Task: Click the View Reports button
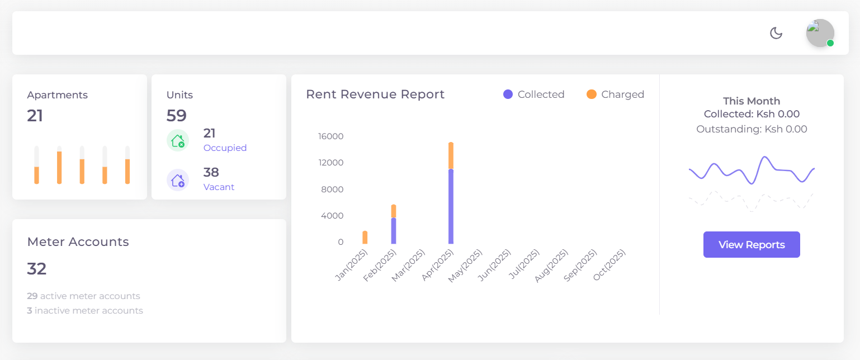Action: coord(752,245)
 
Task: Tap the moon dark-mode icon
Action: coord(776,33)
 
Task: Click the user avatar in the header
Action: coord(820,33)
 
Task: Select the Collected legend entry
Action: coord(534,94)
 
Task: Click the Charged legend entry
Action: coord(616,94)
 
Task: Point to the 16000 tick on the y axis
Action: coord(330,136)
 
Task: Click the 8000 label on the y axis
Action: coord(333,190)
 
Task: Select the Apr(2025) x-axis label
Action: coord(438,265)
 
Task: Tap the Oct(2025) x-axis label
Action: coord(609,265)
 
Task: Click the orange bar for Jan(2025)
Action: coord(365,238)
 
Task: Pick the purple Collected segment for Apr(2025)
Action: coord(451,207)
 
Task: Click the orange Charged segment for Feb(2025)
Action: coord(394,211)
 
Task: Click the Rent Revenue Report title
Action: coord(375,94)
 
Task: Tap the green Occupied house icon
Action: coord(178,140)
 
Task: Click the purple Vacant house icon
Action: coord(178,180)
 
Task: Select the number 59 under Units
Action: coord(176,116)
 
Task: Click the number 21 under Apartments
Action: coord(35,116)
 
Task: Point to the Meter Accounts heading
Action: coord(78,242)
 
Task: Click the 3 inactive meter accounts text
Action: coord(85,310)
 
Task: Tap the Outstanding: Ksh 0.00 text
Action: coord(752,129)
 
